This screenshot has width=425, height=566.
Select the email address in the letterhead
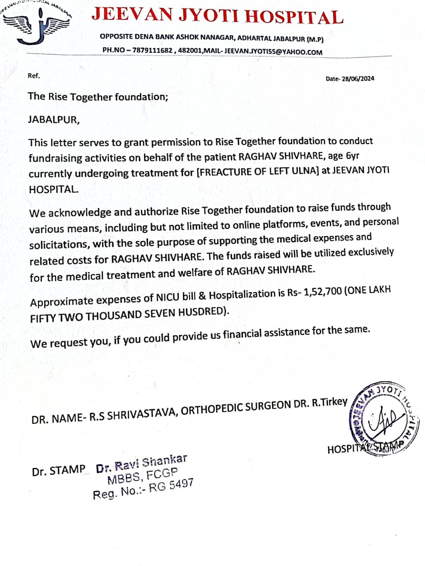pyautogui.click(x=273, y=52)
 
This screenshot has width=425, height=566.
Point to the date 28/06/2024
pyautogui.click(x=358, y=79)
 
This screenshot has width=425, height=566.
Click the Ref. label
pyautogui.click(x=34, y=75)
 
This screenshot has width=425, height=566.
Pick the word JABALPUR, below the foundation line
pyautogui.click(x=54, y=120)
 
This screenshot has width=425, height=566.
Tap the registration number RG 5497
pyautogui.click(x=171, y=486)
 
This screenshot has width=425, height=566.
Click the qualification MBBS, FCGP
pyautogui.click(x=142, y=475)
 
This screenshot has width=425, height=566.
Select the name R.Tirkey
pyautogui.click(x=329, y=402)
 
